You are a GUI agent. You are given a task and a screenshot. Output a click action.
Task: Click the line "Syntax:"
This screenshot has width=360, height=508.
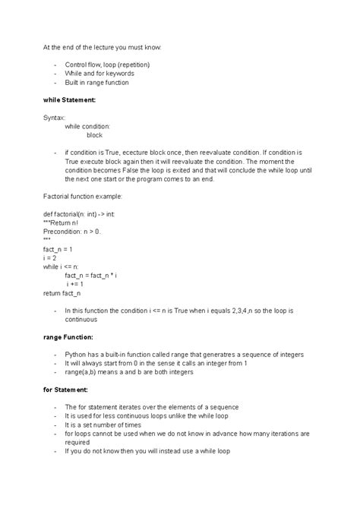click(54, 118)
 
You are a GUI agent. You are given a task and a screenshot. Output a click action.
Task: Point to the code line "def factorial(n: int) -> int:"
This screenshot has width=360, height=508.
click(79, 213)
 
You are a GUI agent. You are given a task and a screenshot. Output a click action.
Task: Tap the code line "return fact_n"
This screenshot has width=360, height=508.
click(62, 292)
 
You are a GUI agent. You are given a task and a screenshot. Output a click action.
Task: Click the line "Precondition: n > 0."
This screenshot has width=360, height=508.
click(72, 231)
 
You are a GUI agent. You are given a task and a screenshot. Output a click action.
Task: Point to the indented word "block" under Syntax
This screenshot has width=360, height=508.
click(94, 134)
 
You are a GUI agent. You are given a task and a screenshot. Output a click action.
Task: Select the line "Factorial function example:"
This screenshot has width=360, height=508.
click(82, 196)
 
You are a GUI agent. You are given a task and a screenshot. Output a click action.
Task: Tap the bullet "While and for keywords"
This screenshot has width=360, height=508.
click(99, 74)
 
